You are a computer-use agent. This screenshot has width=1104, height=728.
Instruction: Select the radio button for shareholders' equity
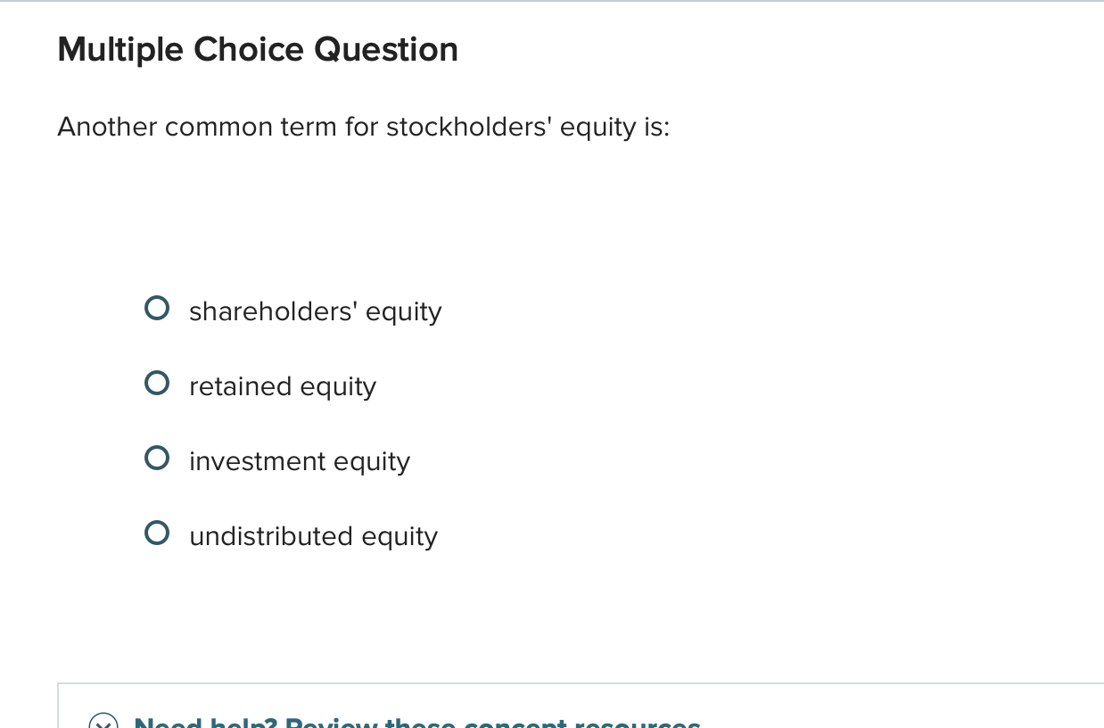point(157,310)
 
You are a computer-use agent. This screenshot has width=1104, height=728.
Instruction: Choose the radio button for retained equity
point(157,385)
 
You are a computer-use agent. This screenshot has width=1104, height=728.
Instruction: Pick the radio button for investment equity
point(157,459)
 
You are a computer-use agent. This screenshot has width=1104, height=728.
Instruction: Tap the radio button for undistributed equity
point(157,534)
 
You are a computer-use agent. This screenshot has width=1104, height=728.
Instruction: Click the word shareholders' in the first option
point(273,311)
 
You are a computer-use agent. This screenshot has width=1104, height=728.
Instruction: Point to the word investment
point(257,461)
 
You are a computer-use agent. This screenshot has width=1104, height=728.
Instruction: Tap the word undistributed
point(271,536)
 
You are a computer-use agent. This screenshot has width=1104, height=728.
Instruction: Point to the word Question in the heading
point(386,49)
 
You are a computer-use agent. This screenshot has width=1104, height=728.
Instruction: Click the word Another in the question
point(107,128)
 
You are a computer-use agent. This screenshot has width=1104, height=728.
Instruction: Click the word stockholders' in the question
point(469,128)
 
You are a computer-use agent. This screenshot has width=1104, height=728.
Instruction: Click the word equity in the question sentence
point(597,128)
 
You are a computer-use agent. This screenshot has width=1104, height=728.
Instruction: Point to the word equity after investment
point(372,461)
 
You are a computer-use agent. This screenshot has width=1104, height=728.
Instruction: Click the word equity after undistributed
point(400,536)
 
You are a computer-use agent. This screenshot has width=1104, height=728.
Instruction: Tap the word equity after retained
point(338,386)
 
